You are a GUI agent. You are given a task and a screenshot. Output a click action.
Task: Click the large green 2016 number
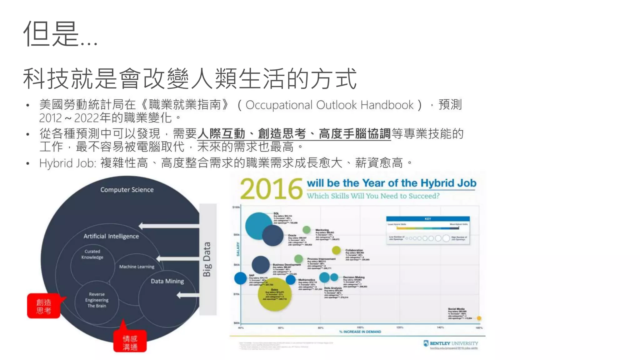pyautogui.click(x=271, y=189)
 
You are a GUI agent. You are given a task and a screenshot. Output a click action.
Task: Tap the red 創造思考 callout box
pyautogui.click(x=44, y=306)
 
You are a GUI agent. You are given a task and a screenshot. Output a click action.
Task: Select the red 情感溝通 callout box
pyautogui.click(x=130, y=342)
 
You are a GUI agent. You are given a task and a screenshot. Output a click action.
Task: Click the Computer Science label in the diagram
pyautogui.click(x=127, y=190)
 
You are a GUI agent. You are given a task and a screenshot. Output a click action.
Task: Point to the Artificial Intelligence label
pyautogui.click(x=111, y=236)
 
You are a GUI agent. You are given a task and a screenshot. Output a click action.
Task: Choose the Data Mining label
pyautogui.click(x=167, y=281)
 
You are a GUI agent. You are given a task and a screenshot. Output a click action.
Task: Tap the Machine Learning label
pyautogui.click(x=137, y=267)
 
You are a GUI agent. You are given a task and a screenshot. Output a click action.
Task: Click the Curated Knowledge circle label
pyautogui.click(x=92, y=254)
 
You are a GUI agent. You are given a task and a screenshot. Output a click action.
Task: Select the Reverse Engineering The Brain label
pyautogui.click(x=97, y=300)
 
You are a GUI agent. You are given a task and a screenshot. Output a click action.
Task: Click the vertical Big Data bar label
pyautogui.click(x=207, y=259)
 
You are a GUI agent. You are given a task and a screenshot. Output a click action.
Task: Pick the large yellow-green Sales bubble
pyautogui.click(x=274, y=294)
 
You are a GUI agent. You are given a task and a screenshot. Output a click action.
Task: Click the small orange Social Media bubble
pyautogui.click(x=479, y=318)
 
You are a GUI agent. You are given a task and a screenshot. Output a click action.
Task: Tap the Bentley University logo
pyautogui.click(x=451, y=343)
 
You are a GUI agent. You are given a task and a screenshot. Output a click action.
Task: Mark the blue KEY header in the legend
pyautogui.click(x=428, y=219)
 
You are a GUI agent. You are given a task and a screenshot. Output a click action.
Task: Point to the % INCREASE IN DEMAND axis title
pyautogui.click(x=360, y=332)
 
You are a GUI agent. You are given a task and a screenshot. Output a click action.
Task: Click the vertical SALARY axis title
pyautogui.click(x=238, y=249)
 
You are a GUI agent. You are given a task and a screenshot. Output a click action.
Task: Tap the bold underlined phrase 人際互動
pyautogui.click(x=221, y=134)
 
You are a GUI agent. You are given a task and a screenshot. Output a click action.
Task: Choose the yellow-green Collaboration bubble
pyautogui.click(x=336, y=250)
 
